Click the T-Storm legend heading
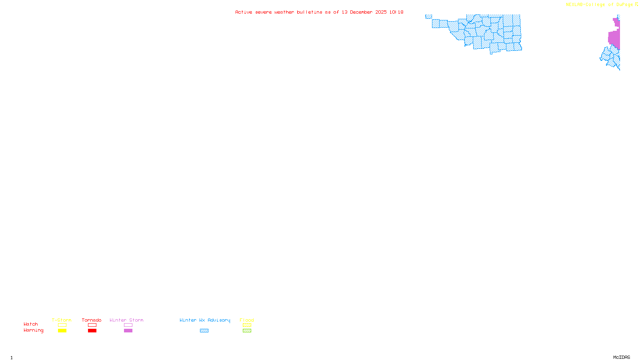click(62, 320)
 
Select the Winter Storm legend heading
click(126, 320)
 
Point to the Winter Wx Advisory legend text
click(205, 320)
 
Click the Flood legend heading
click(247, 320)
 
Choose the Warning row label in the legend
click(34, 330)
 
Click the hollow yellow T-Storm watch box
click(62, 325)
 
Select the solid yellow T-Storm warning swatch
click(62, 331)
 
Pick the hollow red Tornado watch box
click(92, 325)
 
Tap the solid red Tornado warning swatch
click(92, 331)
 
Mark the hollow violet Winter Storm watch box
click(128, 325)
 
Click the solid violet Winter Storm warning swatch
click(128, 331)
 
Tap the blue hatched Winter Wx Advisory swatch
click(204, 331)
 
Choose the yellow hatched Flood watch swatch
click(247, 325)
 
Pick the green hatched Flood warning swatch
click(247, 331)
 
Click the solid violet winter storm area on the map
click(614, 38)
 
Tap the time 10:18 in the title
click(396, 12)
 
